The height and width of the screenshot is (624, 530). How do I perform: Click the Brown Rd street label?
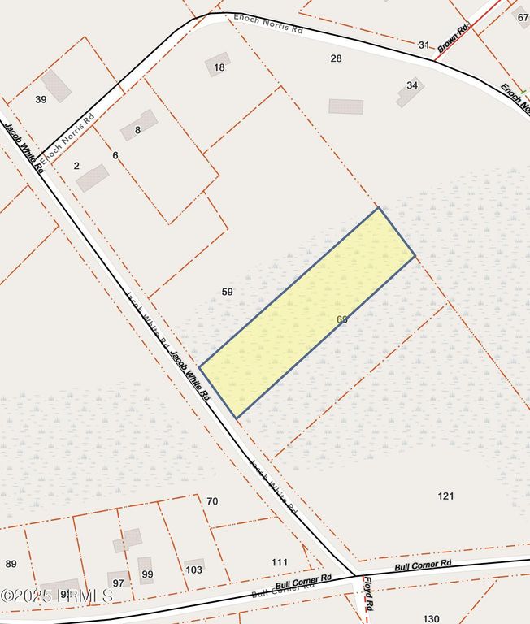click(x=454, y=38)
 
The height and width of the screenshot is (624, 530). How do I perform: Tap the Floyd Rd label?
click(x=368, y=594)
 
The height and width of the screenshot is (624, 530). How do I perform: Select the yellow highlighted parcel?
click(x=307, y=313)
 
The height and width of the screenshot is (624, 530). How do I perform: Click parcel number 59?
click(x=228, y=291)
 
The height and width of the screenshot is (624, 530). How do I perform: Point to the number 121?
click(x=445, y=496)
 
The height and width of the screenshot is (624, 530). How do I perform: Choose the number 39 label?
click(x=41, y=99)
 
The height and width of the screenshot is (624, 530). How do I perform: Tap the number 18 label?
click(x=219, y=67)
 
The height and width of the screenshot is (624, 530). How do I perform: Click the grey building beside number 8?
click(x=139, y=124)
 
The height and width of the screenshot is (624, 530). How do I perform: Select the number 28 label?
click(x=336, y=58)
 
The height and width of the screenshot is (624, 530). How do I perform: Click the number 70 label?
click(x=212, y=501)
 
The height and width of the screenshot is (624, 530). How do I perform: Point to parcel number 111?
click(x=280, y=562)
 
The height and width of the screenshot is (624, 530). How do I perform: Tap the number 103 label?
click(x=193, y=570)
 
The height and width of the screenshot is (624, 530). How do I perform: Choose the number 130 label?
click(x=431, y=618)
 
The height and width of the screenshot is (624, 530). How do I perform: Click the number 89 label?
click(x=11, y=564)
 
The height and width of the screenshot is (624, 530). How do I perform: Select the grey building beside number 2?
click(x=92, y=177)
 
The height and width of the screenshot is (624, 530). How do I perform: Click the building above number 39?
click(x=56, y=85)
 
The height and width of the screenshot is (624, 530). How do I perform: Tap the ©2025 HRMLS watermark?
click(x=57, y=596)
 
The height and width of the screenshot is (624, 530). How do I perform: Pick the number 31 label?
click(x=424, y=45)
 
